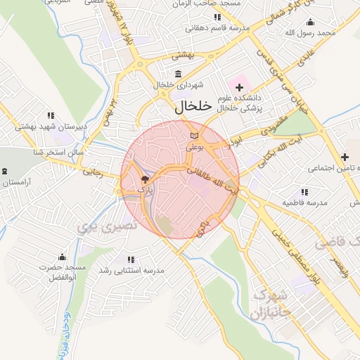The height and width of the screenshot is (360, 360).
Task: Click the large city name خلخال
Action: [x=191, y=106]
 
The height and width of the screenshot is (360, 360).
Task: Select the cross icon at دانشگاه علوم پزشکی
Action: [x=240, y=87]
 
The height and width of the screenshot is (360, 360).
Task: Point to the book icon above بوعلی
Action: [x=195, y=135]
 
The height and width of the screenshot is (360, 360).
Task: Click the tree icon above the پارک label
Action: [x=145, y=179]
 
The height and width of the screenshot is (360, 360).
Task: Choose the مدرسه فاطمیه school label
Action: [x=305, y=202]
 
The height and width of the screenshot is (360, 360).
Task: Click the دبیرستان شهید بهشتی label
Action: [x=51, y=126]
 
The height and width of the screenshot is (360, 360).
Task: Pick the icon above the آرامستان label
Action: [x=6, y=171]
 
